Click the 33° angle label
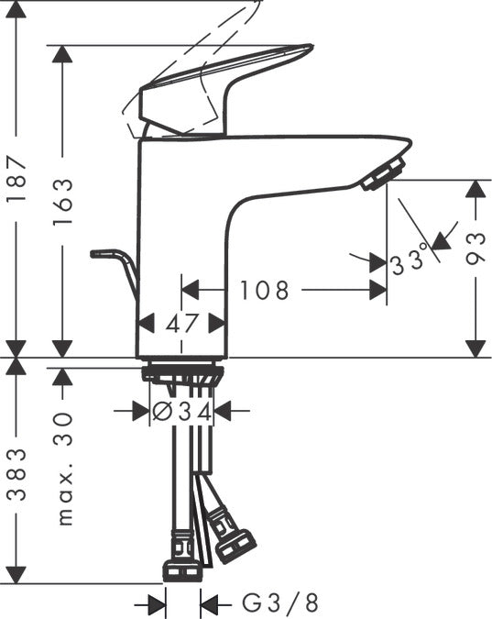(409, 260)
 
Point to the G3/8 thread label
(275, 603)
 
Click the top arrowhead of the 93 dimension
(475, 190)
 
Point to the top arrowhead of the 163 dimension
(63, 54)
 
